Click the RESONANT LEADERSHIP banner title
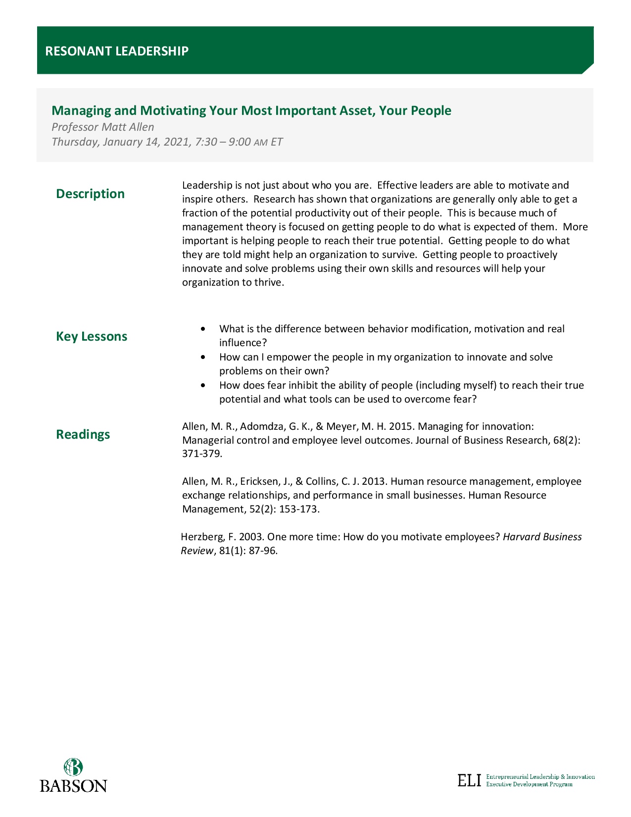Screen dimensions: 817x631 click(117, 51)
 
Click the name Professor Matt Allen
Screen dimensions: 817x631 click(103, 127)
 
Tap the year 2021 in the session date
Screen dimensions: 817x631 click(176, 142)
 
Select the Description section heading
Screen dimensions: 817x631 click(90, 194)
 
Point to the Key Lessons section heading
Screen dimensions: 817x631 click(92, 336)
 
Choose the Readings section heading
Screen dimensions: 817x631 click(83, 434)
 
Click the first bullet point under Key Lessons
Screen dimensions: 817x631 click(203, 329)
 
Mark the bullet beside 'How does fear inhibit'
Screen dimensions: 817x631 click(203, 385)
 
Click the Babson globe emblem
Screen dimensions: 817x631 click(73, 767)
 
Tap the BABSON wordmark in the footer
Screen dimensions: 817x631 click(73, 786)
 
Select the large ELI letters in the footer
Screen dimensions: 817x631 click(469, 780)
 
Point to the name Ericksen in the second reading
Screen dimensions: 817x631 click(260, 481)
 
